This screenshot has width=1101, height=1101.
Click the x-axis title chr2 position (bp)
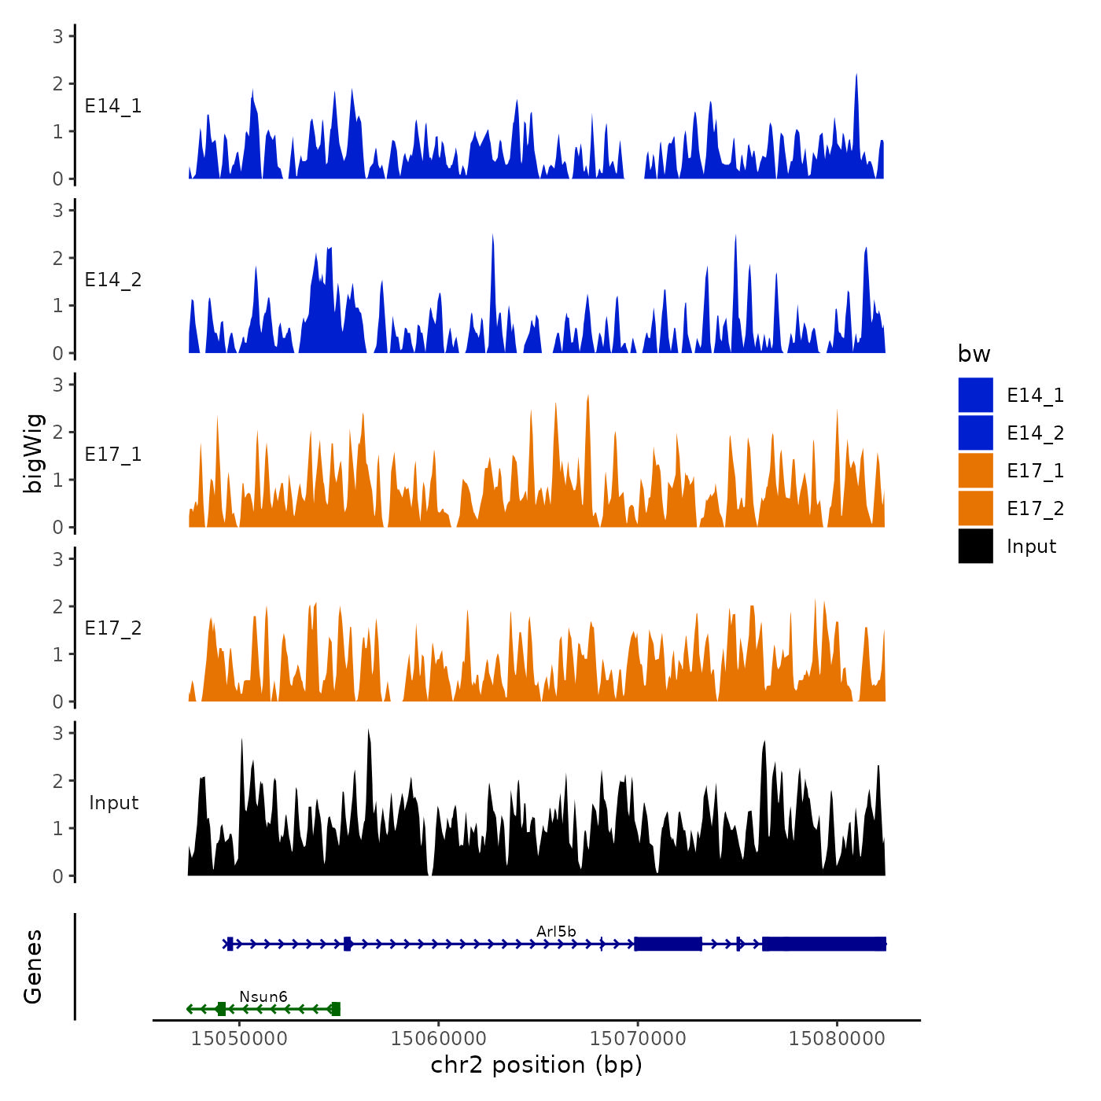pyautogui.click(x=536, y=1066)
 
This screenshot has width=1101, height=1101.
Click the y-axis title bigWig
pyautogui.click(x=34, y=454)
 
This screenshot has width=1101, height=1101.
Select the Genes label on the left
pyautogui.click(x=33, y=967)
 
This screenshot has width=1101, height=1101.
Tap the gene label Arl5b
pyautogui.click(x=556, y=932)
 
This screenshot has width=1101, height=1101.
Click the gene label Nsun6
pyautogui.click(x=263, y=997)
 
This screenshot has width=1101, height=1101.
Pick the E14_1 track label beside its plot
pyautogui.click(x=113, y=106)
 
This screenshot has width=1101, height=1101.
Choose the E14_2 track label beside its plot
pyautogui.click(x=113, y=280)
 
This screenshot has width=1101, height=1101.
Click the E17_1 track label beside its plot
pyautogui.click(x=113, y=455)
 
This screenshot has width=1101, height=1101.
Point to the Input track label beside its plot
pyautogui.click(x=113, y=803)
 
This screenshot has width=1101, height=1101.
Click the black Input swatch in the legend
pyautogui.click(x=975, y=546)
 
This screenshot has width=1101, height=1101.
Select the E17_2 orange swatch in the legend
pyautogui.click(x=975, y=508)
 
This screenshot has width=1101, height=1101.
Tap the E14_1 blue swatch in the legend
pyautogui.click(x=975, y=395)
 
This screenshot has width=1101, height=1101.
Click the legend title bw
pyautogui.click(x=974, y=354)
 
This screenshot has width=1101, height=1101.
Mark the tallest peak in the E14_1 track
pyautogui.click(x=856, y=75)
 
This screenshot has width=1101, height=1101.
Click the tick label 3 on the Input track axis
pyautogui.click(x=58, y=733)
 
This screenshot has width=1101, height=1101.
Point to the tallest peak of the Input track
pyautogui.click(x=368, y=731)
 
